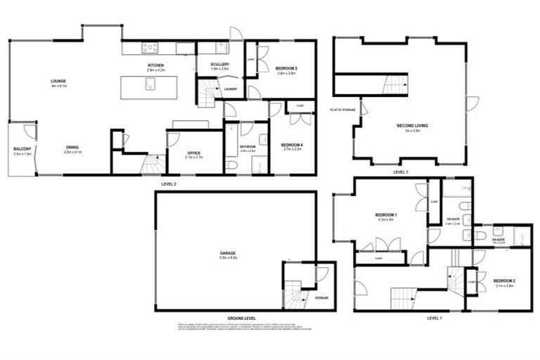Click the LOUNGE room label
(58, 82)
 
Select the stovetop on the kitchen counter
(151, 48)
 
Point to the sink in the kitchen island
(150, 84)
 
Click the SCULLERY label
(220, 64)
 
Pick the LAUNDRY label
(230, 89)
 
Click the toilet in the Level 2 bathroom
(233, 163)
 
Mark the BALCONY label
(22, 148)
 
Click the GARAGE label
(226, 253)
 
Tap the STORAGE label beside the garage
(321, 298)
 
